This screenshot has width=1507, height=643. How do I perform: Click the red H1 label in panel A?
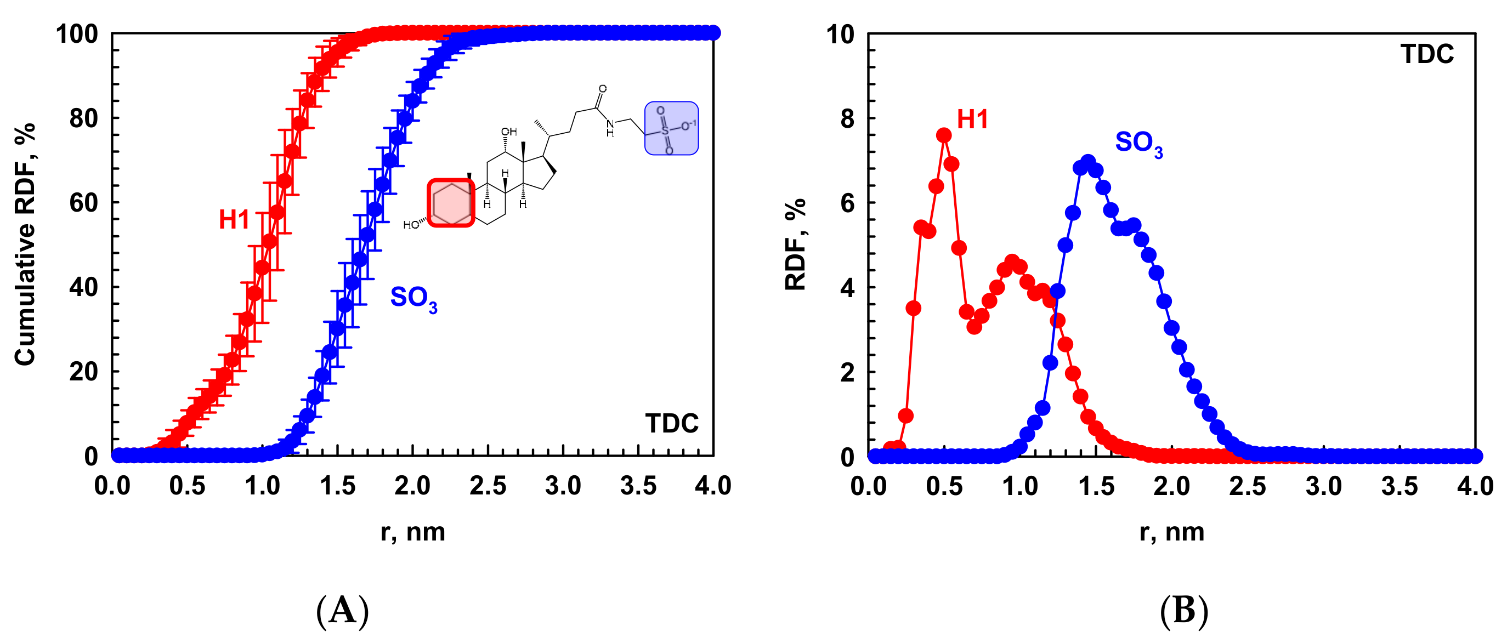[234, 220]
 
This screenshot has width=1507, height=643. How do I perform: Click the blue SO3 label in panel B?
[1138, 143]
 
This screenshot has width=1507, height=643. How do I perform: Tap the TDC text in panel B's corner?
[1427, 54]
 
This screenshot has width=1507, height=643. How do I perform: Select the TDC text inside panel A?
[672, 423]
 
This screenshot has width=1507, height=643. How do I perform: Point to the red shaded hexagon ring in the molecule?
[451, 203]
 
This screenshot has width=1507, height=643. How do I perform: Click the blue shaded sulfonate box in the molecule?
[671, 128]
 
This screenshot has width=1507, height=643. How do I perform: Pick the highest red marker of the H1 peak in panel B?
[944, 135]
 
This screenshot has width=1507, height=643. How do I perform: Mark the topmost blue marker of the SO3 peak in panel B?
[1087, 161]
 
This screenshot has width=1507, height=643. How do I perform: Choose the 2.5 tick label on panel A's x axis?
[488, 486]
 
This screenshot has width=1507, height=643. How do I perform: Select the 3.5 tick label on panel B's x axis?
[1400, 486]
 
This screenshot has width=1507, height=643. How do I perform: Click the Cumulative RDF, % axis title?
[25, 244]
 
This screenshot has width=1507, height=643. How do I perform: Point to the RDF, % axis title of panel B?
[796, 244]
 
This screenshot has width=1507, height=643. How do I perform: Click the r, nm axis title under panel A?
[412, 532]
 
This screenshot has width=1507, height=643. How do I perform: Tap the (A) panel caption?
[342, 611]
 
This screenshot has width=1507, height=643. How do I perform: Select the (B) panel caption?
[1183, 611]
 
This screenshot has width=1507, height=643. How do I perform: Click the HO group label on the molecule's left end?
[411, 225]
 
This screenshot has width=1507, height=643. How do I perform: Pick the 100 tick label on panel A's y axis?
[77, 35]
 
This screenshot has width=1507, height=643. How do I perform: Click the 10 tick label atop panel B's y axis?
[840, 35]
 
